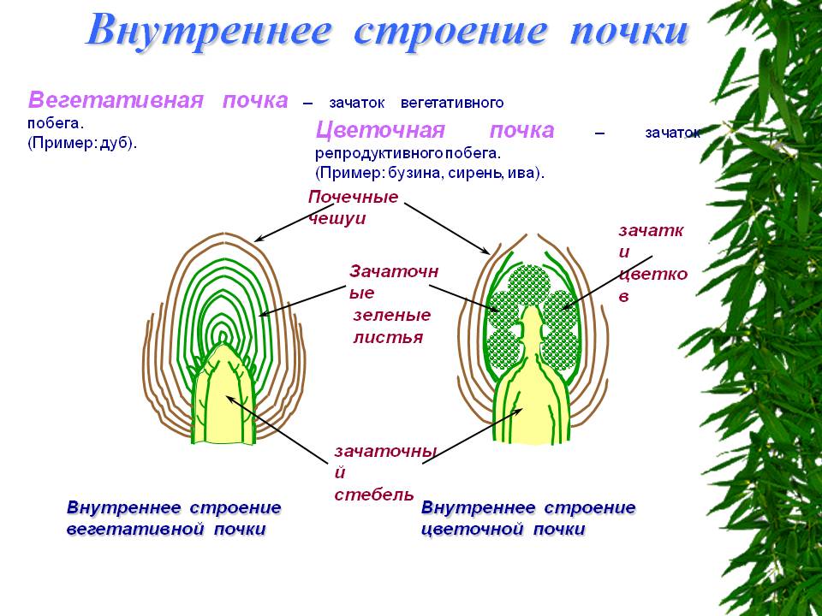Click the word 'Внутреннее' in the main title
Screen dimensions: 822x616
209,31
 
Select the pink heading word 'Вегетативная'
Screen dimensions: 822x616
116,99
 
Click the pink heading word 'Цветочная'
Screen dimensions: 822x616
380,130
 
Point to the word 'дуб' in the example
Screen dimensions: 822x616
116,143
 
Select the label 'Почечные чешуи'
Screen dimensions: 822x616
354,207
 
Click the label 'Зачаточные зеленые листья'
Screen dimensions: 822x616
394,304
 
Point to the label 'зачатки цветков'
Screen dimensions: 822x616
652,263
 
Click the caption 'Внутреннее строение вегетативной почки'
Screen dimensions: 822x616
174,518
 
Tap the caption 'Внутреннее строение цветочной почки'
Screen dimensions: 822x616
528,518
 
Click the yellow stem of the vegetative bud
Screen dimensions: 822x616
224,398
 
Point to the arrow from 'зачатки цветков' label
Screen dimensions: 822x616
607,283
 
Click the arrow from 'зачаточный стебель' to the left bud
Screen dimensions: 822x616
278,429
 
